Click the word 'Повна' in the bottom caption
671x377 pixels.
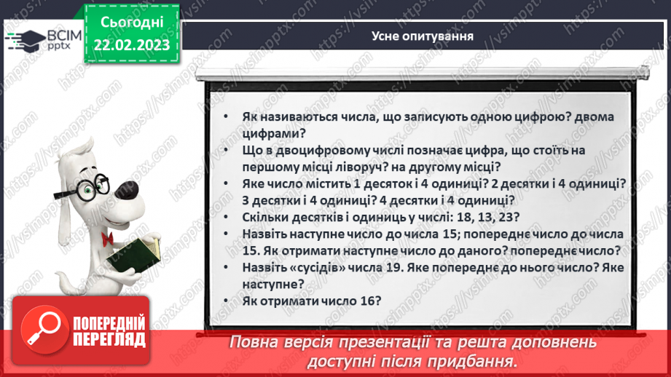[x=254, y=342]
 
